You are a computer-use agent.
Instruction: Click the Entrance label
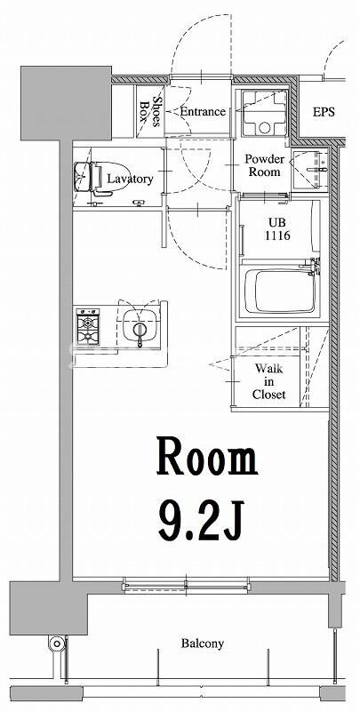pyautogui.click(x=203, y=111)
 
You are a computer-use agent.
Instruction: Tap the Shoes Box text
pyautogui.click(x=151, y=111)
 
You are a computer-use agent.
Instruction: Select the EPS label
pyautogui.click(x=324, y=112)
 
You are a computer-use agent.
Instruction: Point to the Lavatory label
pyautogui.click(x=130, y=180)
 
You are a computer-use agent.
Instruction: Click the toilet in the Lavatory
pyautogui.click(x=93, y=180)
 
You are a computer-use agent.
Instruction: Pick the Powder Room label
pyautogui.click(x=265, y=165)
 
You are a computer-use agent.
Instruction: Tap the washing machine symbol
pyautogui.click(x=264, y=113)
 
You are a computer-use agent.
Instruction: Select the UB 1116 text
pyautogui.click(x=278, y=230)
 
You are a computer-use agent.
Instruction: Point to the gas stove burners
pyautogui.click(x=88, y=326)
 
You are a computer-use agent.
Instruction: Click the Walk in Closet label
pyautogui.click(x=268, y=381)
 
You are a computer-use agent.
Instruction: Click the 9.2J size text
pyautogui.click(x=201, y=521)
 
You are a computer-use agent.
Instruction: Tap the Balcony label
pyautogui.click(x=202, y=643)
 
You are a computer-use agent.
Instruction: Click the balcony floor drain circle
pyautogui.click(x=57, y=643)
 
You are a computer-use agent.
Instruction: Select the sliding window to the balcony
pyautogui.click(x=186, y=586)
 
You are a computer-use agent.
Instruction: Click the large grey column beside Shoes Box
pyautogui.click(x=66, y=103)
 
